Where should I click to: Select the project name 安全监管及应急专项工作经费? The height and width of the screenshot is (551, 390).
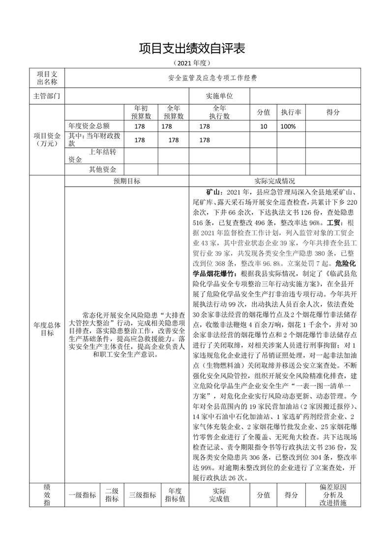[x=212, y=78]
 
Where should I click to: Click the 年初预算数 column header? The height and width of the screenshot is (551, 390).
[x=141, y=112]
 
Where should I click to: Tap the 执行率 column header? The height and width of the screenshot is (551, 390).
[x=291, y=112]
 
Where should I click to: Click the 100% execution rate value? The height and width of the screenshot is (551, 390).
[x=288, y=126]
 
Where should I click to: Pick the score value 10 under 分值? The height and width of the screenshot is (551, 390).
[x=264, y=126]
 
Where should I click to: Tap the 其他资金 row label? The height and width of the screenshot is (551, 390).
[x=102, y=169]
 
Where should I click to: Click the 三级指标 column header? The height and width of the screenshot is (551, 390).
[x=143, y=495]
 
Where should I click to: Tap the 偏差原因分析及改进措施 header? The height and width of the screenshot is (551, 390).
[x=333, y=495]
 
